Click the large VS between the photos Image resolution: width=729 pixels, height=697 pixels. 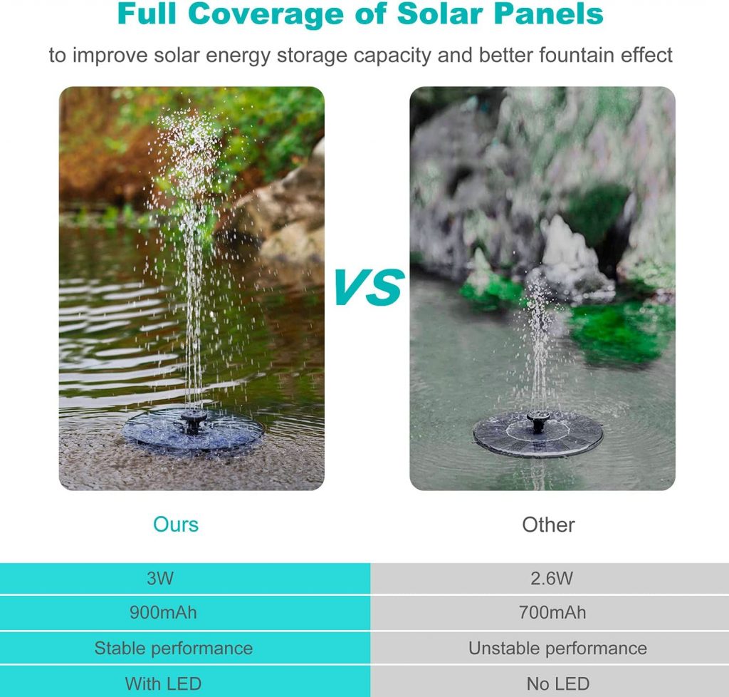point(369,287)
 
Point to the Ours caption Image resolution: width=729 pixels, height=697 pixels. point(176,525)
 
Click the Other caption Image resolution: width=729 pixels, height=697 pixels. point(549,525)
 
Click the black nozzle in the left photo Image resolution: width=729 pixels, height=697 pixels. point(194,422)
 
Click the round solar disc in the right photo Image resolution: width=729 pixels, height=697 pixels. point(538,435)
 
